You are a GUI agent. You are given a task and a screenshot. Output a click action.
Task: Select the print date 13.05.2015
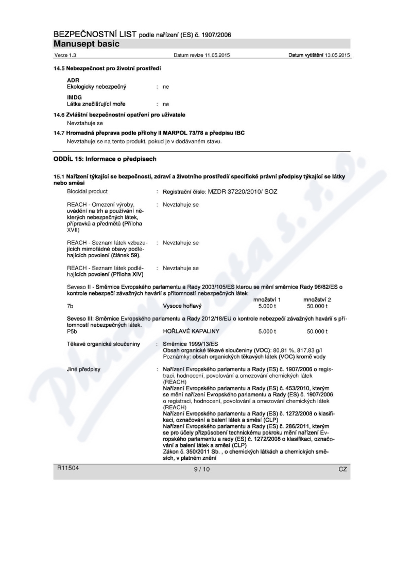click(338, 55)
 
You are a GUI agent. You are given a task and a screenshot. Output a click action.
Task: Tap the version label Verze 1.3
click(64, 55)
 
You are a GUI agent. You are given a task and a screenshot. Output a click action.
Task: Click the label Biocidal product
click(88, 191)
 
